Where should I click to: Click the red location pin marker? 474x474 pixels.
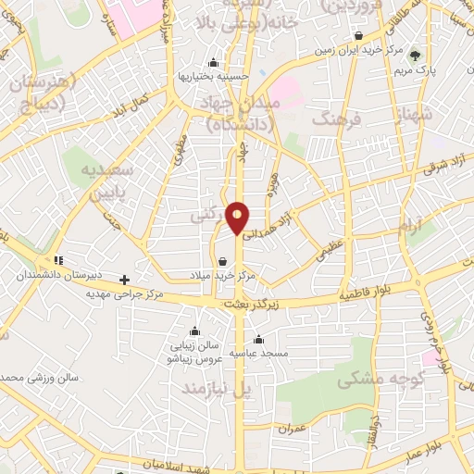coord(238,217)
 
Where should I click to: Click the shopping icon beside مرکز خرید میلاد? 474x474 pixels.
coord(221,261)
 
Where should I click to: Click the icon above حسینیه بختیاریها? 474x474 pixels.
coord(214,63)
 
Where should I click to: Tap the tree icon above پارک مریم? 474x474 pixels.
coord(414,56)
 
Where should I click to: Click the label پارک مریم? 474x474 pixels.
coord(414,69)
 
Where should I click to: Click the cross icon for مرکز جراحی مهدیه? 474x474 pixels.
coord(125,279)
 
